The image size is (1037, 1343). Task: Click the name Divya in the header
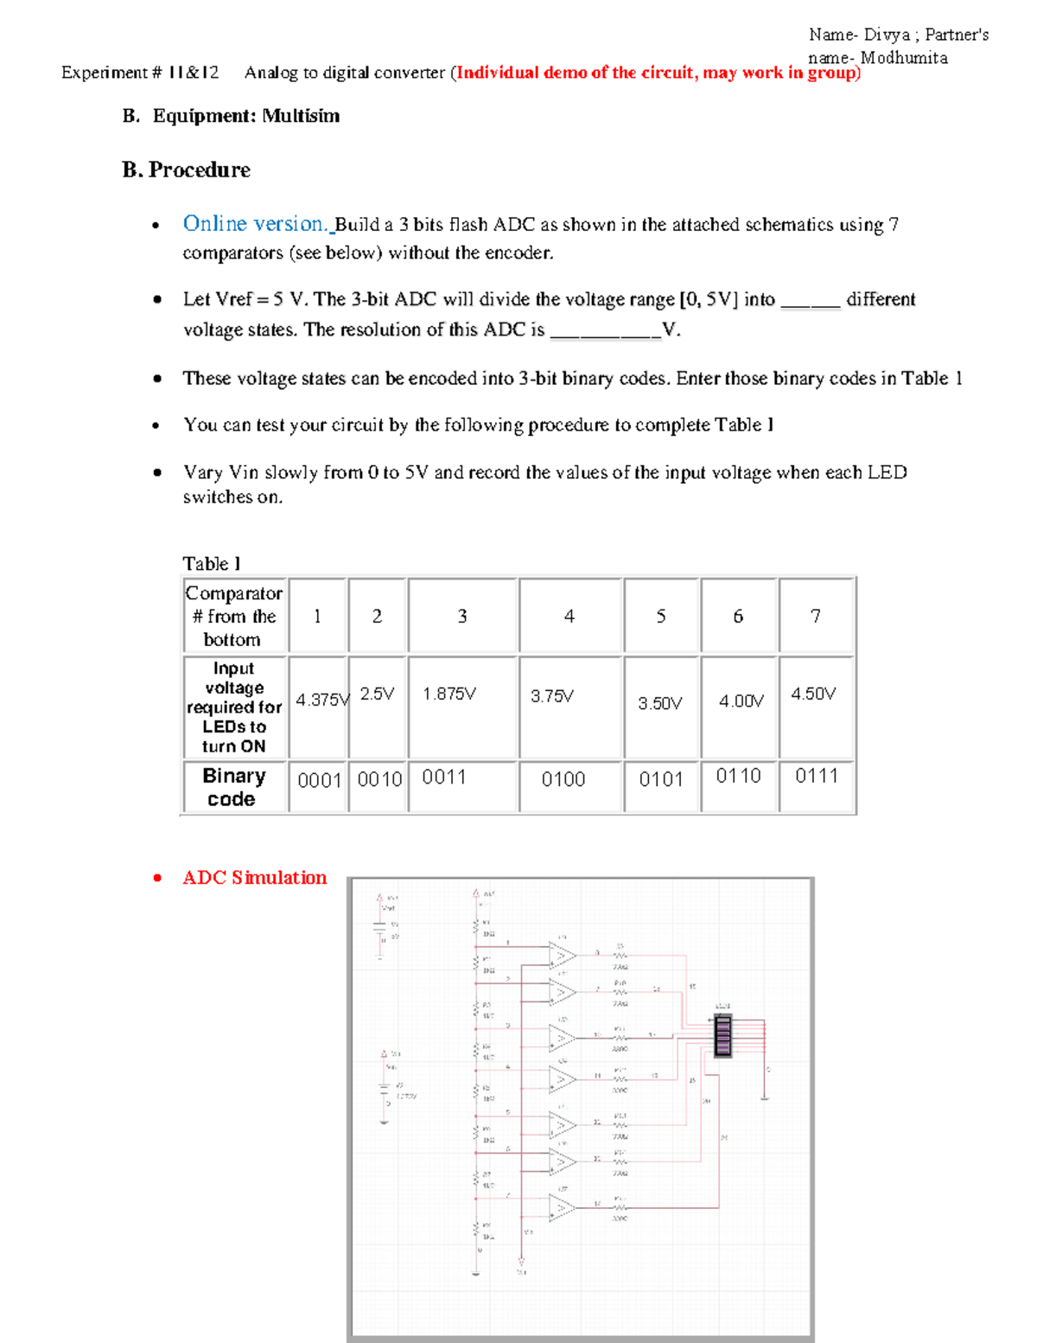tap(887, 35)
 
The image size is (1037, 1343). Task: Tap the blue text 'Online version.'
tap(255, 224)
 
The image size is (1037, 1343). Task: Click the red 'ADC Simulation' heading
tap(254, 878)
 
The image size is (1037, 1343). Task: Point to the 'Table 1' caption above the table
tap(212, 564)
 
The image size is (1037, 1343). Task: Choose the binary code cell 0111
tap(816, 776)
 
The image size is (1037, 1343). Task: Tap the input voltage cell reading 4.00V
tap(741, 700)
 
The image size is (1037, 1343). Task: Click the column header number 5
tap(660, 616)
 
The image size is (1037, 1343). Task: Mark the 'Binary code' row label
tap(233, 787)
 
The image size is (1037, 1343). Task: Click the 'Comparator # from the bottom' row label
tap(233, 616)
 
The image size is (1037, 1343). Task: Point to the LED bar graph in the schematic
tap(723, 1035)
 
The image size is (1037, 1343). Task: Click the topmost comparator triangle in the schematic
tap(563, 956)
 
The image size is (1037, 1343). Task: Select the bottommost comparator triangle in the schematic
tap(563, 1206)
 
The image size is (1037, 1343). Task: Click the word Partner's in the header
tap(957, 35)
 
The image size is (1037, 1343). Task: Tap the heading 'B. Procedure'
tap(186, 169)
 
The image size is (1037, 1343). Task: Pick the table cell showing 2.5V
tap(377, 694)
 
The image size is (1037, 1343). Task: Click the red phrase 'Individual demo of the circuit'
tap(576, 73)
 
